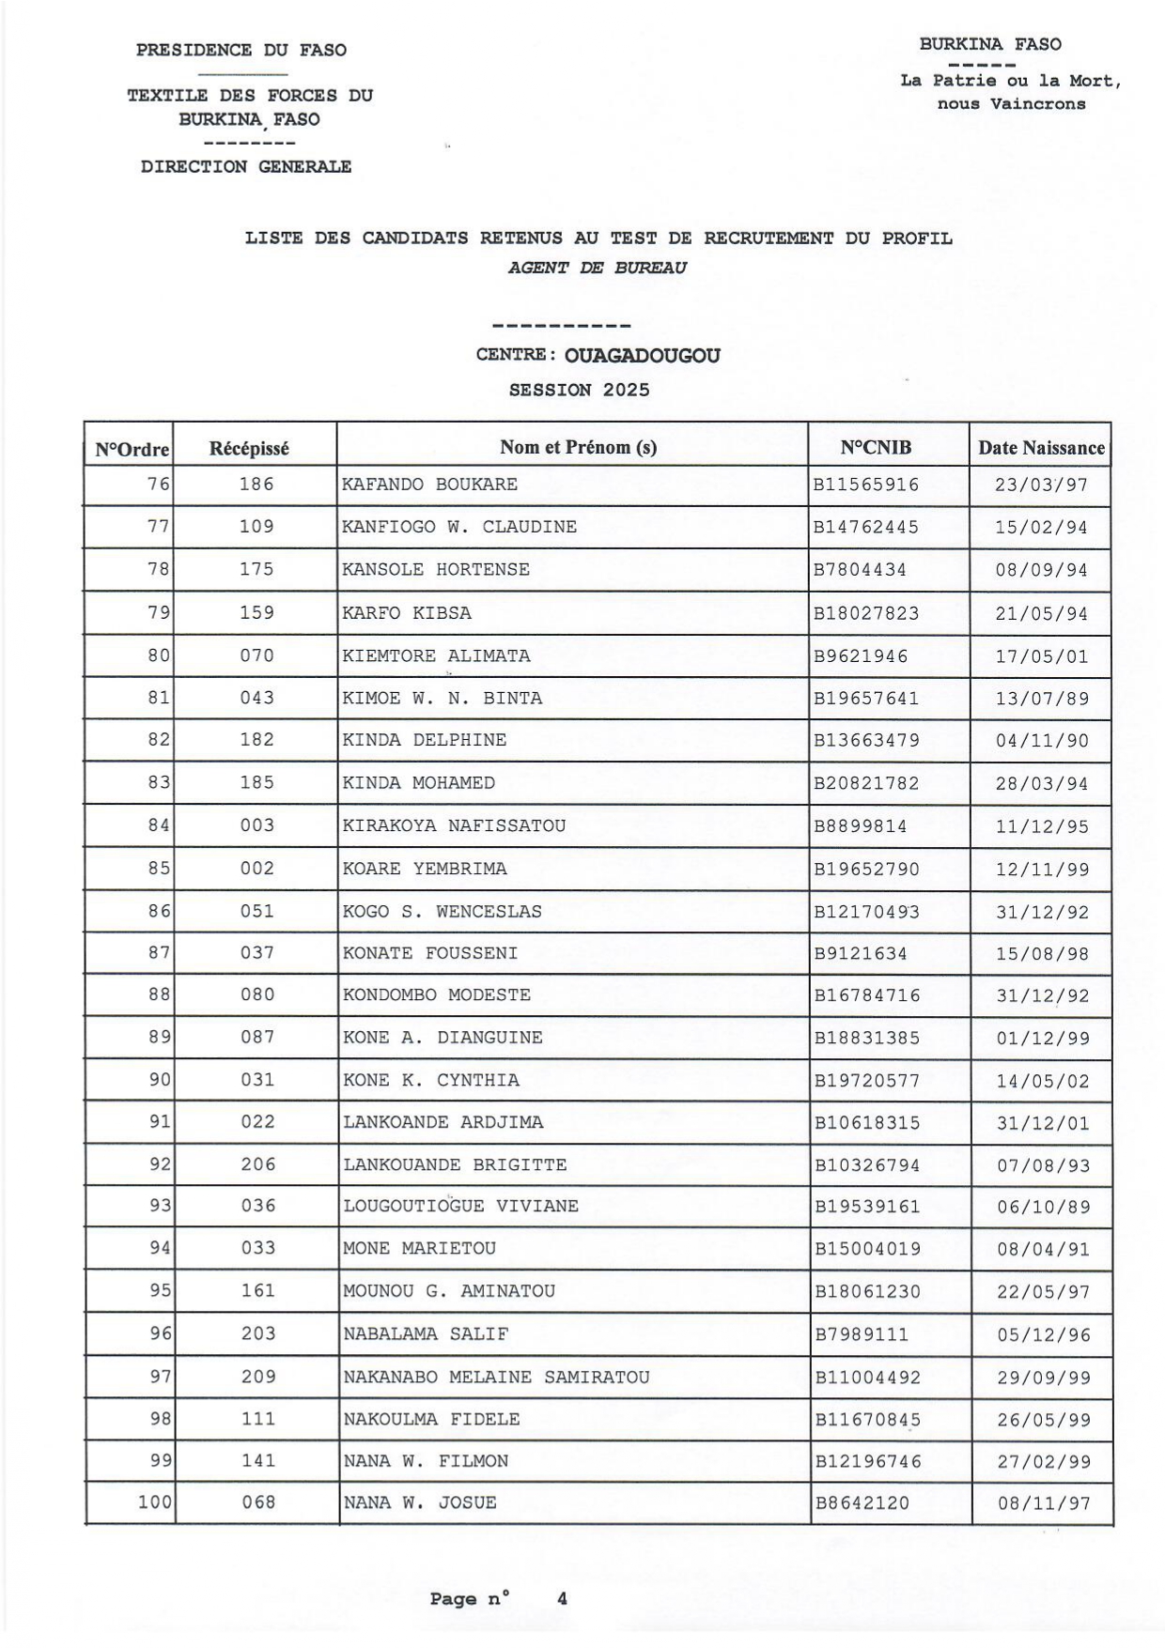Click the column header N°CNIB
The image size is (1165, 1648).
point(875,448)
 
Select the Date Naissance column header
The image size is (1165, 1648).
point(1041,448)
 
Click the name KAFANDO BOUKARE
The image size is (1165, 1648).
point(429,485)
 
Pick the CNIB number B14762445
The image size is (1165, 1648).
point(865,528)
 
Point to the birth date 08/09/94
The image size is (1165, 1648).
point(1041,570)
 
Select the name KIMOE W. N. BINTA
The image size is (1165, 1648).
point(442,699)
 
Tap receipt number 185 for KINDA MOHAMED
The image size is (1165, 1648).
point(256,783)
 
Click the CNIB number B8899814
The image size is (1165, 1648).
point(860,826)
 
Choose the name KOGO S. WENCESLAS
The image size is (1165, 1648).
point(442,912)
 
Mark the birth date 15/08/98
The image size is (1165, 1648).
point(1042,954)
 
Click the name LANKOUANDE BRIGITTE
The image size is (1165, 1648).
point(455,1165)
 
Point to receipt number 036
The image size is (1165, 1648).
point(257,1207)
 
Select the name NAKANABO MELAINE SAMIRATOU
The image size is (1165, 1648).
point(496,1378)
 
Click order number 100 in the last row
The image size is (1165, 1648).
point(155,1502)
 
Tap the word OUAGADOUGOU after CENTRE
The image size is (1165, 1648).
point(643,356)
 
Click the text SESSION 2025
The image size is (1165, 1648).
point(579,390)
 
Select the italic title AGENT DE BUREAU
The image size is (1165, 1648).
point(598,268)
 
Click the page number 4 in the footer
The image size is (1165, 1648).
point(562,1598)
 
